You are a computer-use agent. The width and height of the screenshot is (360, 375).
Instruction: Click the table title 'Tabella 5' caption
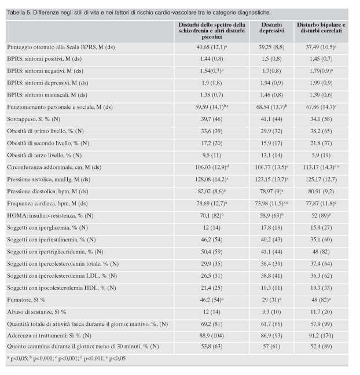pos(139,13)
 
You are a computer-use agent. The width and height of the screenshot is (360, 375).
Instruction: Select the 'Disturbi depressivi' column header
pos(271,28)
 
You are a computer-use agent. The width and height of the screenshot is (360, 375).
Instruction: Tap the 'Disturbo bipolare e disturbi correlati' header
pos(321,28)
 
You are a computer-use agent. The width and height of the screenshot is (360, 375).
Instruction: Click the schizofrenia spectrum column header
pos(212,31)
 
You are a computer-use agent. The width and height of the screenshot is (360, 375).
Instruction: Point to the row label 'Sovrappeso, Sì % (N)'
pos(34,119)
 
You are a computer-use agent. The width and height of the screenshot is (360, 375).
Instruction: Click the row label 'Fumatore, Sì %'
pos(26,300)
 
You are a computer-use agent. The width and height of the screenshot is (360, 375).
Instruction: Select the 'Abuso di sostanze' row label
pos(36,312)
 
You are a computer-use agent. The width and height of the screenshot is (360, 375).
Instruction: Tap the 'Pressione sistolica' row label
pos(49,179)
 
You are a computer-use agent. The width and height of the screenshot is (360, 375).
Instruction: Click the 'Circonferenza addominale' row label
pos(54,167)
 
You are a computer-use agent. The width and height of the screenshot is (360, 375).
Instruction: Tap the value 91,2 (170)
pos(321,336)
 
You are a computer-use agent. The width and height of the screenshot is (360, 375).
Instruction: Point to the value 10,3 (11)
pos(271,288)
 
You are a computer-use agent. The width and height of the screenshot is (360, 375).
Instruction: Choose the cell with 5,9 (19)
pos(321,155)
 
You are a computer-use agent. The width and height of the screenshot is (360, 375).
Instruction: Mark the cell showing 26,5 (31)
pos(212,275)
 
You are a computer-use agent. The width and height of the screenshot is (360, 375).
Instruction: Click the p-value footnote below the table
pos(66,358)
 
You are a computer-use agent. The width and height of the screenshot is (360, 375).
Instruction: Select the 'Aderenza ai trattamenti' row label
pos(49,336)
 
